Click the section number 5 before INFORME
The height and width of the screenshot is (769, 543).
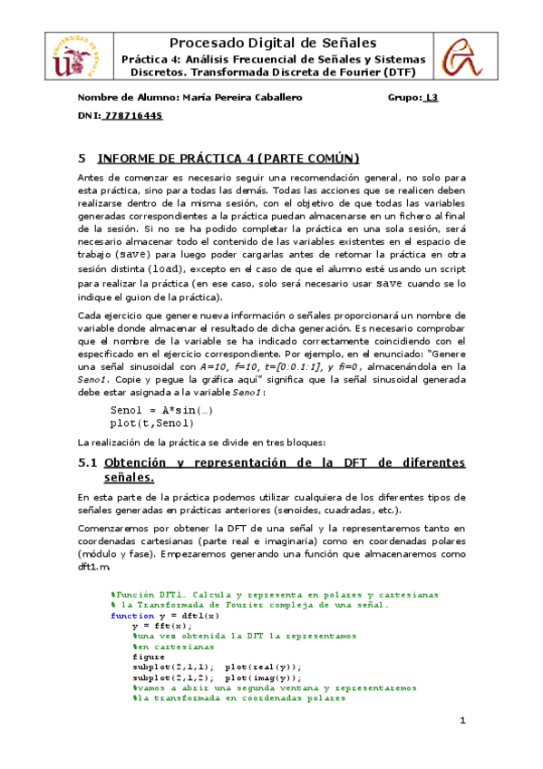82,159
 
